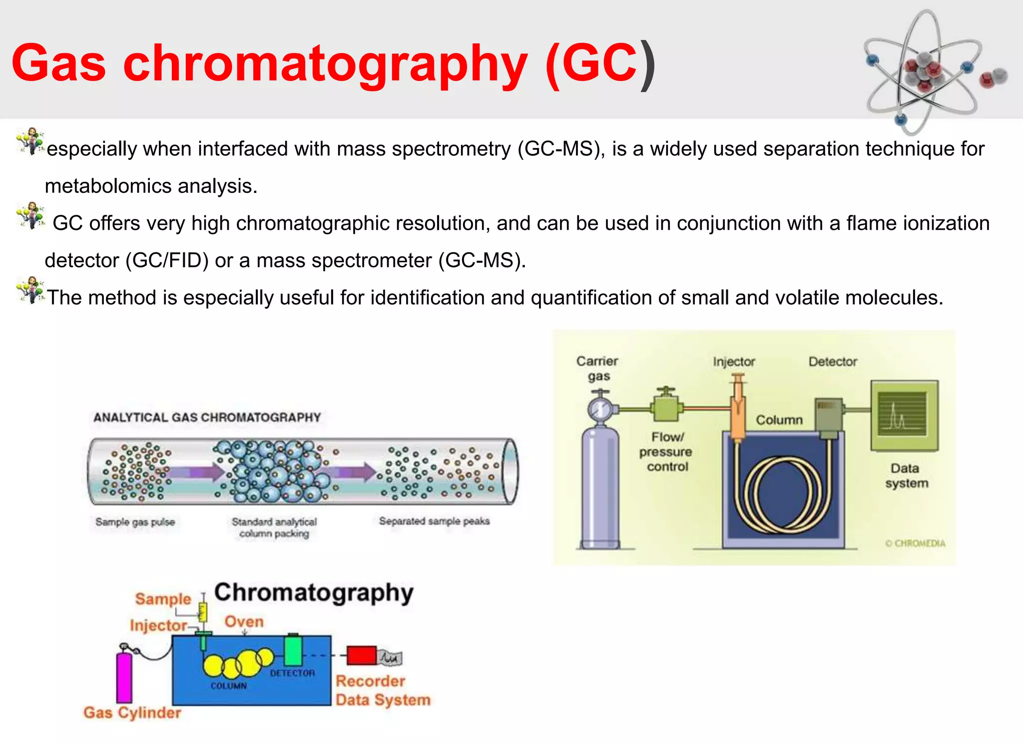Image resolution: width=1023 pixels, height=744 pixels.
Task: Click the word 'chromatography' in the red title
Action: coord(325,64)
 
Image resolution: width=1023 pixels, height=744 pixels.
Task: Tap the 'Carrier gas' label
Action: coord(597,368)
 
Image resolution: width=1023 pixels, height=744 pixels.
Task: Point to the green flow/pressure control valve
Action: coord(666,406)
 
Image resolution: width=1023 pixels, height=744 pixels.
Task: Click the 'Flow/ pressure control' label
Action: coord(666,452)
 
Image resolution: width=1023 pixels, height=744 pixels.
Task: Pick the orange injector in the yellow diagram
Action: coord(737,410)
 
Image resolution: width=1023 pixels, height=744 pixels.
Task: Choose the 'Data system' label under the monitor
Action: coord(906,476)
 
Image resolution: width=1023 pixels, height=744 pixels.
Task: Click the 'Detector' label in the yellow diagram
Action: coord(833,361)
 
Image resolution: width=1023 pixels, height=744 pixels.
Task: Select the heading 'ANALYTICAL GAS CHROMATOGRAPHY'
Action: coord(207,417)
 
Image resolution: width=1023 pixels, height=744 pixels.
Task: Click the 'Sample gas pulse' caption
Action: coord(135,522)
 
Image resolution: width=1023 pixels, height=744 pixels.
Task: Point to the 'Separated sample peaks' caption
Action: coord(434,521)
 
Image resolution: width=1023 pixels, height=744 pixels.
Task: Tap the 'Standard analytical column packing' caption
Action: coord(274,528)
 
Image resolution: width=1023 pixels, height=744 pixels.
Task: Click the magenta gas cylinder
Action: coord(124,677)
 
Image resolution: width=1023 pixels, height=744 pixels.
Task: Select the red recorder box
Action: coord(361,656)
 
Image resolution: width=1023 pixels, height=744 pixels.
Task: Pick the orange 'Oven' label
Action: coord(244,622)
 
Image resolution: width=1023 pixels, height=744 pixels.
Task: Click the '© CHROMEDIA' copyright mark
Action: coord(915,543)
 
